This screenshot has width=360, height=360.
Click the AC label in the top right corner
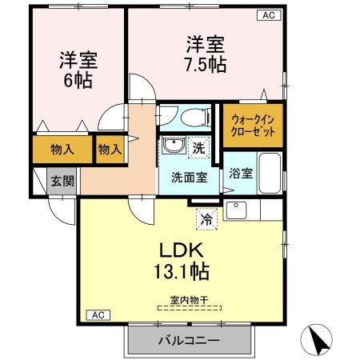pyautogui.click(x=268, y=15)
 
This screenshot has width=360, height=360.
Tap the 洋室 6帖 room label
pyautogui.click(x=78, y=70)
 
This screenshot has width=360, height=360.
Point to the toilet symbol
pyautogui.click(x=191, y=117)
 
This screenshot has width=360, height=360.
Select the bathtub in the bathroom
pyautogui.click(x=270, y=170)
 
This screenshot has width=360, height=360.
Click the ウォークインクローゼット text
pyautogui.click(x=253, y=126)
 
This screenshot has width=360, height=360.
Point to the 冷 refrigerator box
pyautogui.click(x=206, y=217)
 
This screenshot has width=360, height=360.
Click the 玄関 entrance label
pyautogui.click(x=63, y=182)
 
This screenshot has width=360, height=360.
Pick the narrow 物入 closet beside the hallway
pyautogui.click(x=110, y=149)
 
